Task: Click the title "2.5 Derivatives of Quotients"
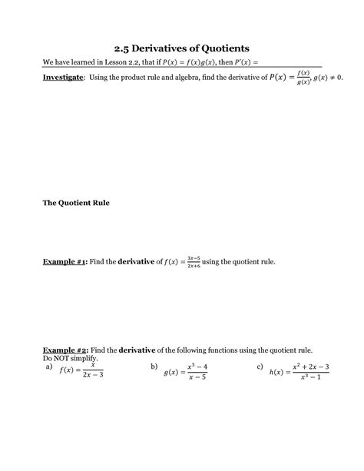coord(182,48)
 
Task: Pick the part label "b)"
coord(154,367)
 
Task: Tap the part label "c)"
coord(260,367)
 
